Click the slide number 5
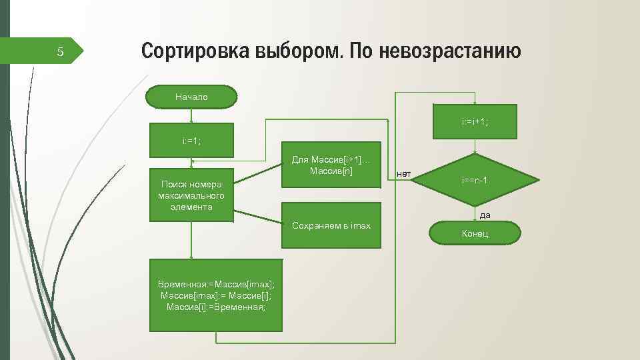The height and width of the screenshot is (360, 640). click(x=60, y=52)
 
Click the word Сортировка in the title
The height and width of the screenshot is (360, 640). click(x=193, y=51)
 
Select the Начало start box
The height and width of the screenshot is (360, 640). click(x=192, y=97)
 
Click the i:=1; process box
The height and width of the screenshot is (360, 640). click(x=191, y=140)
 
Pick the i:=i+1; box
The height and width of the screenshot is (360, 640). click(x=475, y=121)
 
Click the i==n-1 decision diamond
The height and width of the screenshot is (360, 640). click(x=475, y=180)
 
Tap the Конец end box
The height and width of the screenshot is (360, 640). click(x=475, y=233)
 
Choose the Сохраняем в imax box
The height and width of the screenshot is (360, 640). click(x=331, y=225)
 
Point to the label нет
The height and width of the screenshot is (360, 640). click(x=403, y=174)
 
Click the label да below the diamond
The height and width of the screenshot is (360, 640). click(x=485, y=215)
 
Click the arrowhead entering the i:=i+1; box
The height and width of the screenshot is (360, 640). click(x=475, y=102)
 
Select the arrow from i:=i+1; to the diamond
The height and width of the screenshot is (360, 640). click(x=475, y=147)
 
